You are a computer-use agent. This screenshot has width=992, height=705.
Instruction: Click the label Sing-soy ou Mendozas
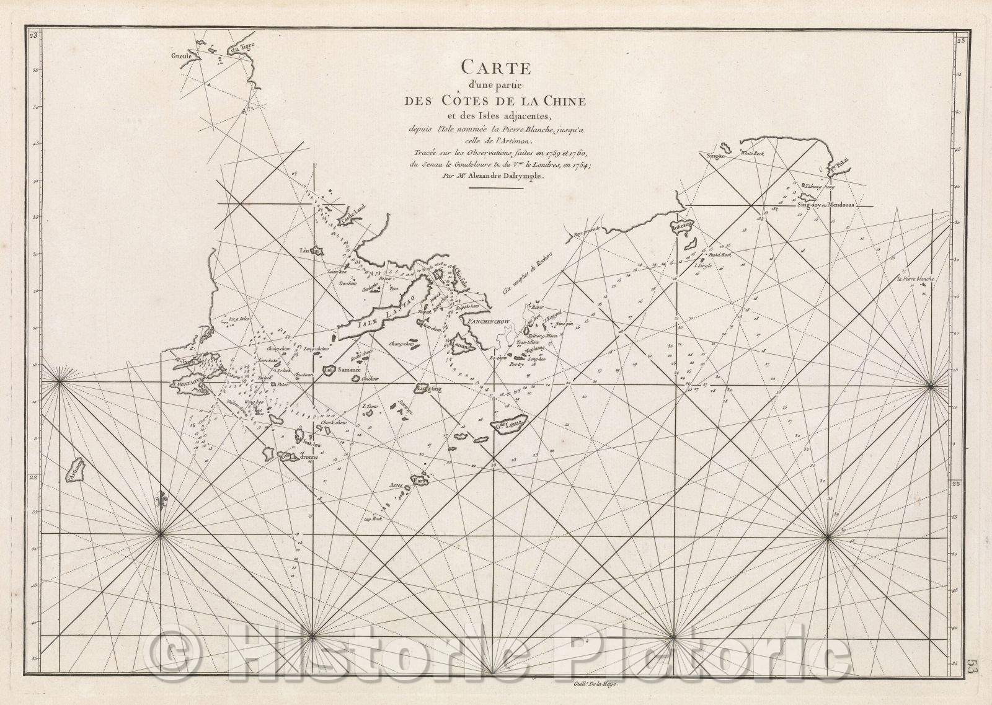[x=826, y=205]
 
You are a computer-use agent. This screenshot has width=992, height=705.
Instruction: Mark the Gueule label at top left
[x=183, y=55]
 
